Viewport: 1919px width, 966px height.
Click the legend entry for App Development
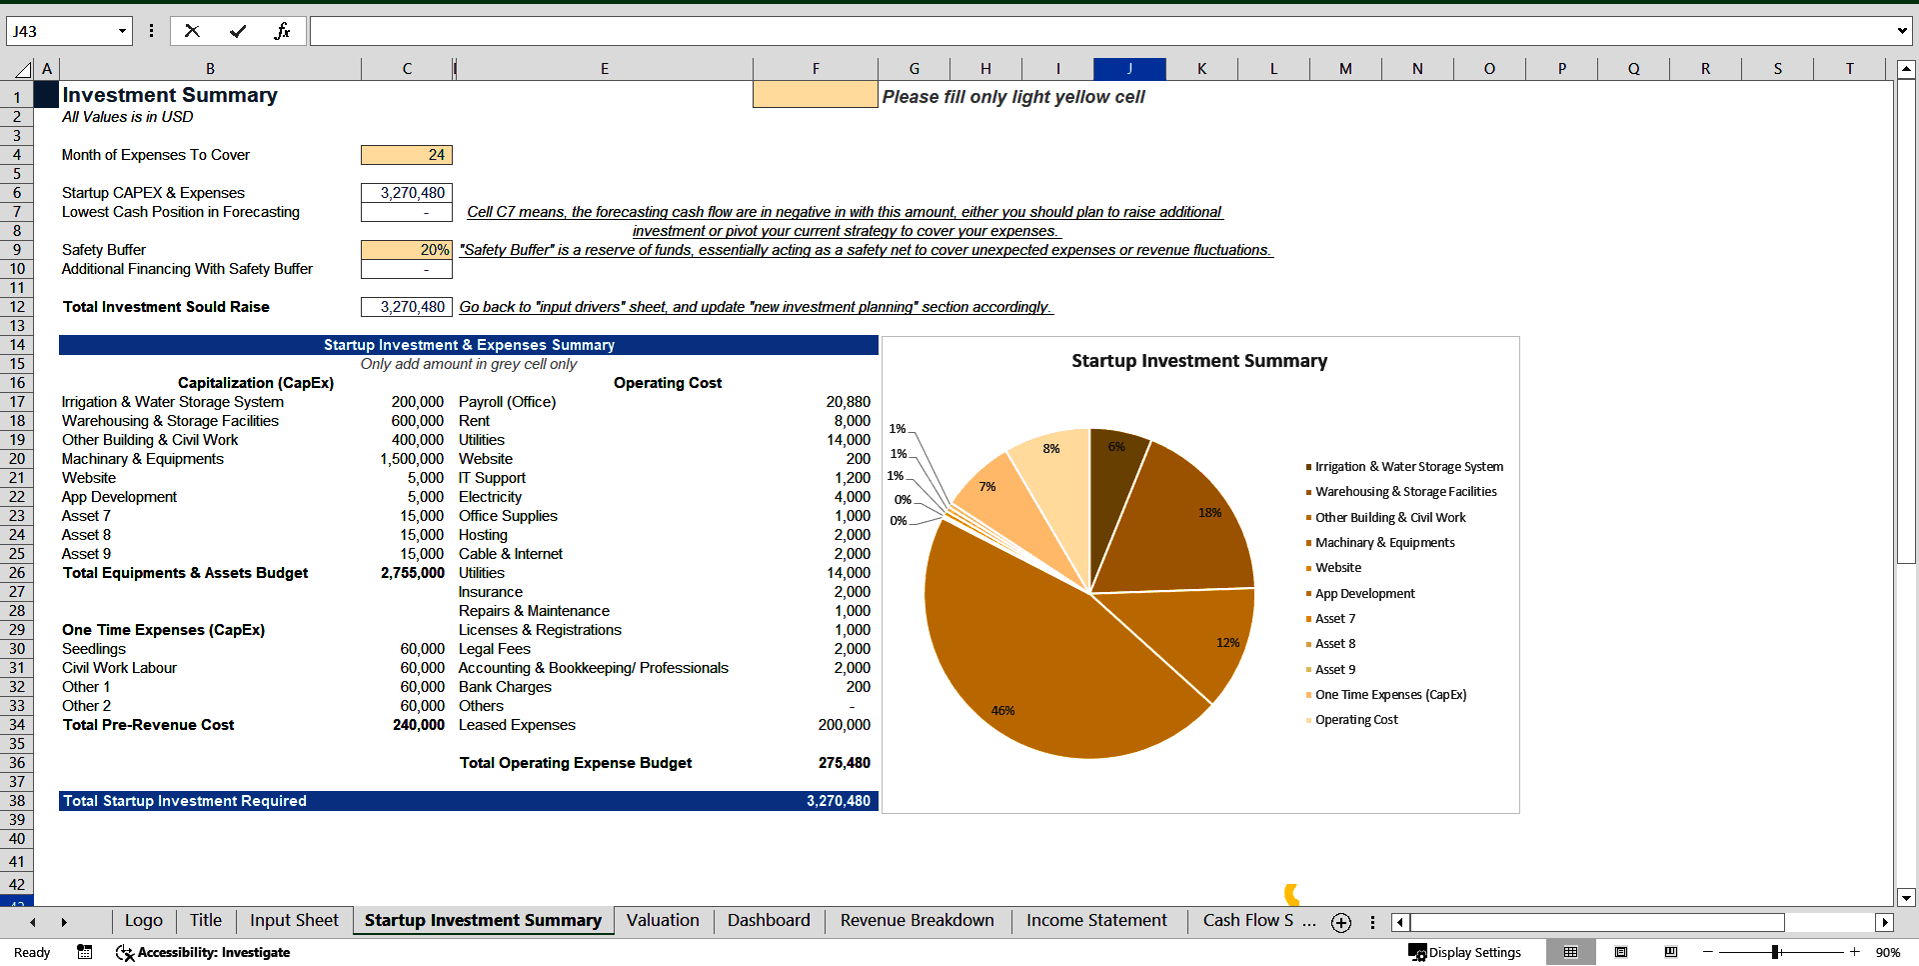tap(1364, 594)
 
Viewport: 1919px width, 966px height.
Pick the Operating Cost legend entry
tap(1356, 720)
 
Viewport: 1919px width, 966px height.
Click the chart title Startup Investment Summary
tap(1199, 361)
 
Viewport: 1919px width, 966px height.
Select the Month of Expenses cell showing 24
tap(407, 155)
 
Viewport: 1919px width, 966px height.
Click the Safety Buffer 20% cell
tap(407, 250)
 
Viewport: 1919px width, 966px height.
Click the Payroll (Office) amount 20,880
tap(848, 402)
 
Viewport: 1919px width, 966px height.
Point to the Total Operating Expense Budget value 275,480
tap(844, 763)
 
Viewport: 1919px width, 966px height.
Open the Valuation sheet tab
tap(663, 920)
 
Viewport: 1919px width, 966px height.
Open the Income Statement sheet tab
tap(1096, 920)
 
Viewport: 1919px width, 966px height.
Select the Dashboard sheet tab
tap(769, 920)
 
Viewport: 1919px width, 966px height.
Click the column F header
tap(816, 69)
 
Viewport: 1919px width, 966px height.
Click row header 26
tap(17, 573)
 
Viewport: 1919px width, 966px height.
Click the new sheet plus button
tap(1341, 922)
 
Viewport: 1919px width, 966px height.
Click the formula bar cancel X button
tap(192, 31)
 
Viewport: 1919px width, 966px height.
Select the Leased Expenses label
tap(517, 725)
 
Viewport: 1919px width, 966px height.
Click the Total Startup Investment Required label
tap(185, 801)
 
